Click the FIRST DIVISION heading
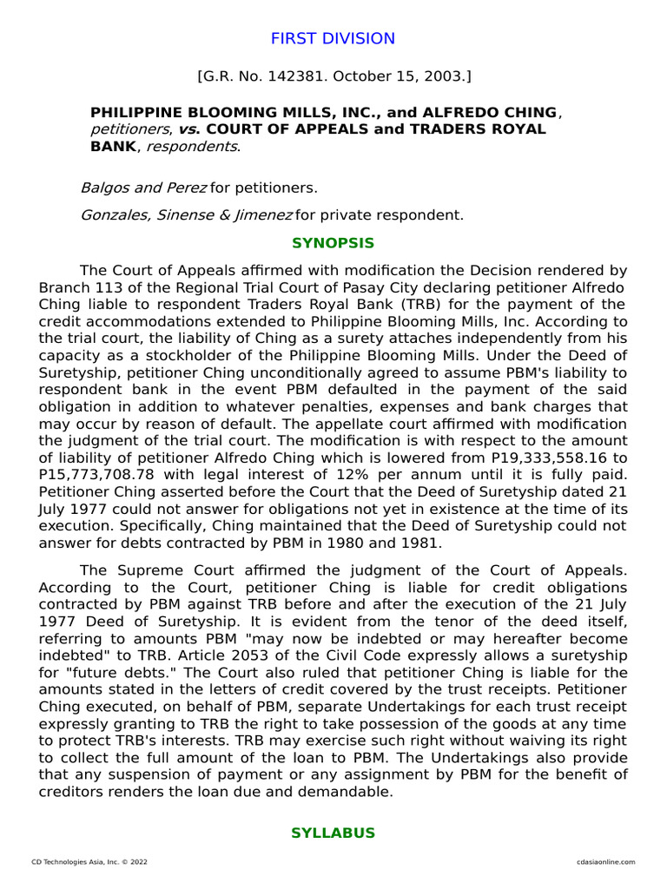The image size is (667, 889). (333, 39)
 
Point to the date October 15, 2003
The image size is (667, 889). (412, 77)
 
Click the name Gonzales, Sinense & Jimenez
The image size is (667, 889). (187, 214)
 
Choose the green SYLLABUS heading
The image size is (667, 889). (333, 833)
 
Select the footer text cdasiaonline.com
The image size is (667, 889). (605, 862)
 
